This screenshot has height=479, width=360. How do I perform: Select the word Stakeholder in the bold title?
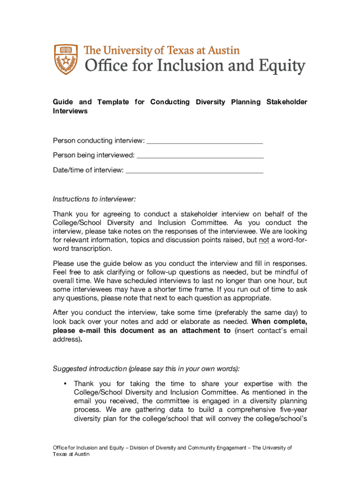pos(287,102)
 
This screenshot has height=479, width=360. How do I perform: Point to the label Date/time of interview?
pos(88,170)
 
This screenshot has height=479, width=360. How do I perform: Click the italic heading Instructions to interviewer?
pos(94,199)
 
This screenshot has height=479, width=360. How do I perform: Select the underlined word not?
pos(264,240)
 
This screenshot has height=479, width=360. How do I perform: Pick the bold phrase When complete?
pos(279,322)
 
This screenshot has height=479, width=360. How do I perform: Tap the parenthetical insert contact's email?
pos(271,331)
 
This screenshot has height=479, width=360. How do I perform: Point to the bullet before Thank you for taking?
pos(64,384)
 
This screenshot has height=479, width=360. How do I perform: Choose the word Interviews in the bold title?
pos(70,111)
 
